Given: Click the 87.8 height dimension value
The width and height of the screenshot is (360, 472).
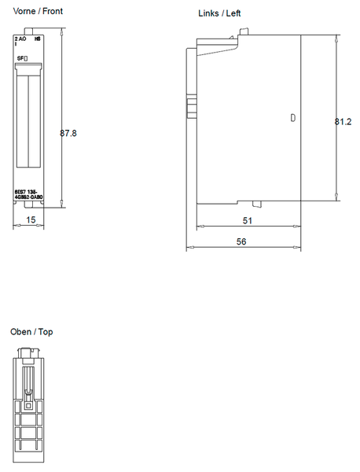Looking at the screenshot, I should pyautogui.click(x=68, y=133).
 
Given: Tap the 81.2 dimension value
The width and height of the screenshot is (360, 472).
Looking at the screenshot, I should pyautogui.click(x=342, y=122).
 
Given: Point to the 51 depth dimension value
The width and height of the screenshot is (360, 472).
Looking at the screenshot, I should pyautogui.click(x=247, y=221).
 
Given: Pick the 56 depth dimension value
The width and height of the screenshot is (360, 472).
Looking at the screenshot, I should pyautogui.click(x=241, y=242).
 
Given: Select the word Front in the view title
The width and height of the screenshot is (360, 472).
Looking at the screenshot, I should pyautogui.click(x=53, y=12).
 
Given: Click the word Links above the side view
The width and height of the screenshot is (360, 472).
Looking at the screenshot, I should pyautogui.click(x=208, y=14).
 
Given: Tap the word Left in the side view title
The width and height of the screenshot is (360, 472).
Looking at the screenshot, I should pyautogui.click(x=233, y=14).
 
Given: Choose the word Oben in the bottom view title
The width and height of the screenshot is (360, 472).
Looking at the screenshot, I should pyautogui.click(x=21, y=332).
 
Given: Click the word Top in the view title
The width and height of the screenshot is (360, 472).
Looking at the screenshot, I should pyautogui.click(x=46, y=332).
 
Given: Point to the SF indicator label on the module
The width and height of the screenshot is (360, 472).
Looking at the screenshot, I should pyautogui.click(x=22, y=59).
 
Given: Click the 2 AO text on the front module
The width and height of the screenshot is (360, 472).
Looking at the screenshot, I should pyautogui.click(x=20, y=38).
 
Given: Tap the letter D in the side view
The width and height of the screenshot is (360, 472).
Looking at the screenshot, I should pyautogui.click(x=292, y=118).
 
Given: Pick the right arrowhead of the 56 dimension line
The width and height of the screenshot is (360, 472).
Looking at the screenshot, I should pyautogui.click(x=299, y=249).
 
